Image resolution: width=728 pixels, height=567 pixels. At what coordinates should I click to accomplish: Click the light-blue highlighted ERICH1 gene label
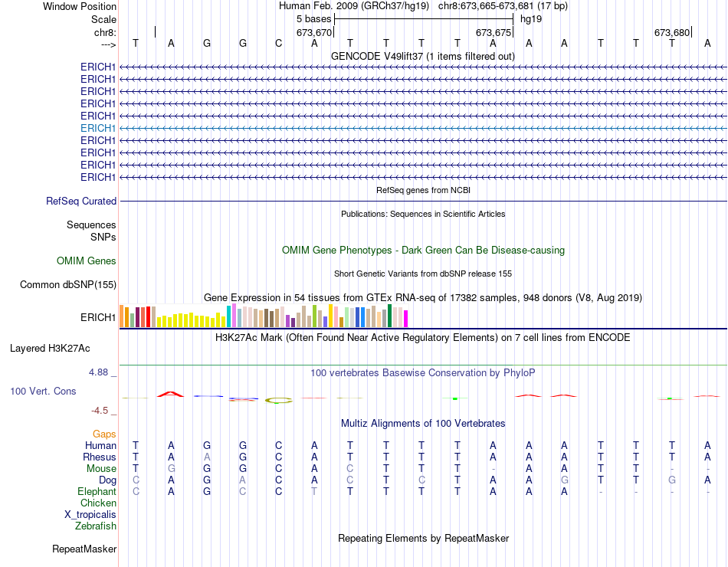coord(98,128)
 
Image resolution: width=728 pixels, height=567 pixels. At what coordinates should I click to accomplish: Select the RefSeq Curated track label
coord(81,201)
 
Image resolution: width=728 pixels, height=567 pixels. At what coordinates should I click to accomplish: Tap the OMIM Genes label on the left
coord(87,261)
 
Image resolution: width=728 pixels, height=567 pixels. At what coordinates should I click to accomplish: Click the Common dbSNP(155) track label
coord(68,285)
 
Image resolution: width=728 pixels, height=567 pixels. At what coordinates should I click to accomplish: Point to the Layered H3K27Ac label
coord(50,348)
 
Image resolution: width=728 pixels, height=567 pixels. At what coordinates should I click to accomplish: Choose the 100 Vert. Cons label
coord(43,391)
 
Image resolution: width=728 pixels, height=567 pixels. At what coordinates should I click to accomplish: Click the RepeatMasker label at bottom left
coord(84,549)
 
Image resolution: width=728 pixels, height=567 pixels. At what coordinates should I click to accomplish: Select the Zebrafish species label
coord(96,526)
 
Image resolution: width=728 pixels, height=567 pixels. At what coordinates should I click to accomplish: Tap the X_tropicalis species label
coord(90,514)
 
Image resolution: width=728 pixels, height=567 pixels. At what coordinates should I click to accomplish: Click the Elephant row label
coord(97,491)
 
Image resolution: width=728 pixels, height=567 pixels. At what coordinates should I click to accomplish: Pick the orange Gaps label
coord(104,434)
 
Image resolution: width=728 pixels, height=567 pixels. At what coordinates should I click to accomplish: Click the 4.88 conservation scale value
coord(100,372)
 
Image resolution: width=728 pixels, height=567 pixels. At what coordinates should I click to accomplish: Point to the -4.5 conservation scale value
coord(103,411)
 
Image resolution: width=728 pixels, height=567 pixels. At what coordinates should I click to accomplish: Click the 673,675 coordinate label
coord(493,32)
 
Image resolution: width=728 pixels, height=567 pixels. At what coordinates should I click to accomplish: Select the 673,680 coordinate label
coord(671,32)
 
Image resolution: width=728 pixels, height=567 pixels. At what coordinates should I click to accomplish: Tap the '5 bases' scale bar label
coord(313,18)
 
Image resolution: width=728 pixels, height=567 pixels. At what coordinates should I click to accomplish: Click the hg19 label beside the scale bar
coord(531,18)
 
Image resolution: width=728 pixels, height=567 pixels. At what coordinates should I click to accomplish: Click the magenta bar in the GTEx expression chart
coord(406,318)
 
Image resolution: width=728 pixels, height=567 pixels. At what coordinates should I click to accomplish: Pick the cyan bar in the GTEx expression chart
coord(228,316)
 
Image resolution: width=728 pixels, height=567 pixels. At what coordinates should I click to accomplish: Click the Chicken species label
coord(99,503)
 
